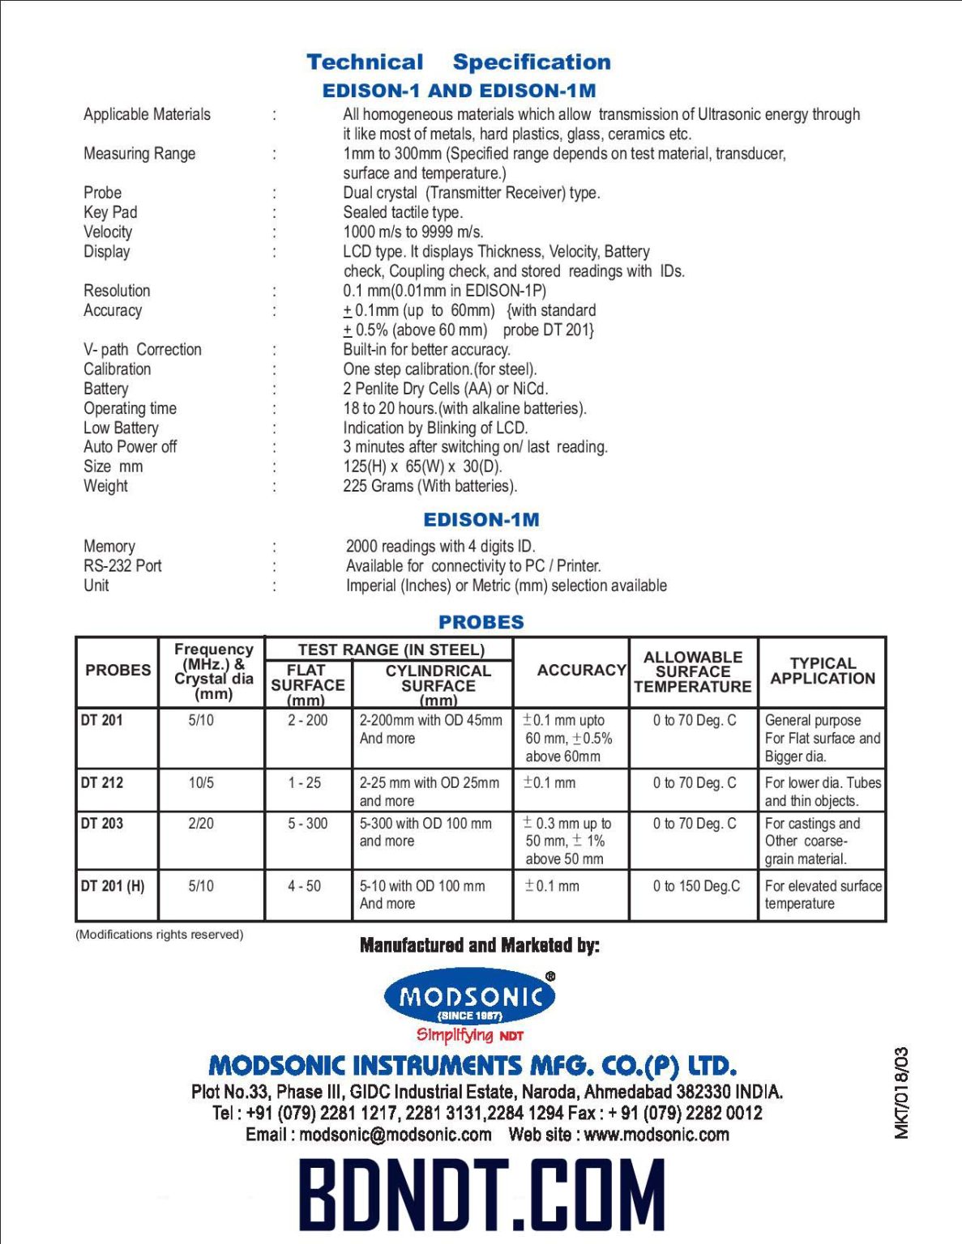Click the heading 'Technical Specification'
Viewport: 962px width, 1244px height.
(x=458, y=62)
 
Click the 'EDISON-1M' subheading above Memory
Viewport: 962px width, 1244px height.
(x=481, y=520)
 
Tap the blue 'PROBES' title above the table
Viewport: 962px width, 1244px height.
(x=481, y=622)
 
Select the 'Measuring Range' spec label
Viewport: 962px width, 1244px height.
(x=139, y=153)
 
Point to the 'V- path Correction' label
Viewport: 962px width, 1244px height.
(x=143, y=349)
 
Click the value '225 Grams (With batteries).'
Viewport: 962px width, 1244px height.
(x=430, y=486)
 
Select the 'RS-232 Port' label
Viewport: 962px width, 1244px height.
(x=122, y=565)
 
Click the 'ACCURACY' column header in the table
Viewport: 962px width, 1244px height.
(x=581, y=670)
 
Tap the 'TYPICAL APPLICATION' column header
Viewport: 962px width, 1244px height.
(x=822, y=671)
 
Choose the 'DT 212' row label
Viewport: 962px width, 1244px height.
(x=102, y=782)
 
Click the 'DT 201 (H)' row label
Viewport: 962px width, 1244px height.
(x=113, y=886)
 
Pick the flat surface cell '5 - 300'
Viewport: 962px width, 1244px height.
(x=307, y=824)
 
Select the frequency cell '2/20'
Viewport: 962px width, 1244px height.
(x=201, y=824)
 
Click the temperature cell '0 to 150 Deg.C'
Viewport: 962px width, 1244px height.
(x=696, y=886)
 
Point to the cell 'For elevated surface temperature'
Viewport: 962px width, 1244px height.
(x=822, y=895)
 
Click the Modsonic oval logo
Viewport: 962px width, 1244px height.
(x=470, y=997)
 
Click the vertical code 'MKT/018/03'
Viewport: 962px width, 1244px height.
(x=901, y=1093)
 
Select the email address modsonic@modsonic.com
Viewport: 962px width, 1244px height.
(x=395, y=1135)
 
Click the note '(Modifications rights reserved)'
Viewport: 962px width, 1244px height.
(x=160, y=934)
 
